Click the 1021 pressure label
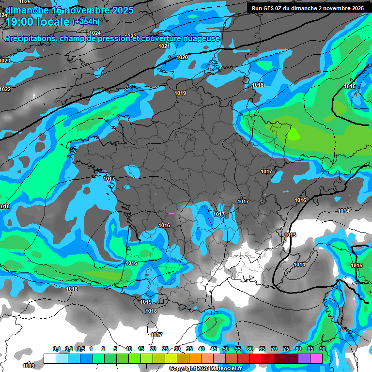pyautogui.click(x=164, y=46)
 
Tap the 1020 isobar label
pyautogui.click(x=182, y=57)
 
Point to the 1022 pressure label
pyautogui.click(x=5, y=89)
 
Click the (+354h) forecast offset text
pyautogui.click(x=86, y=22)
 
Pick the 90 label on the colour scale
pyautogui.click(x=322, y=349)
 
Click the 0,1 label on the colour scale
pyautogui.click(x=56, y=349)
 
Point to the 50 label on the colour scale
pyautogui.click(x=226, y=349)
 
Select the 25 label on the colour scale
pyautogui.click(x=165, y=349)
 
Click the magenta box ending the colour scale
pyautogui.click(x=316, y=358)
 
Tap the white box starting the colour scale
pyautogui.click(x=49, y=358)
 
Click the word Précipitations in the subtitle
pyautogui.click(x=29, y=38)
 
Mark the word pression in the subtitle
pyautogui.click(x=114, y=38)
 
